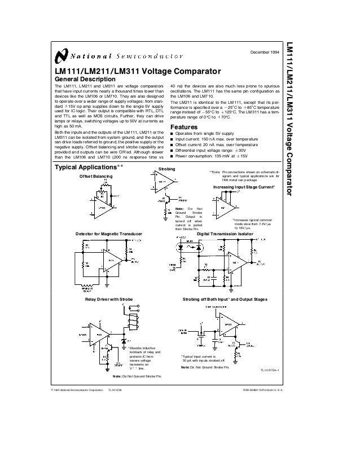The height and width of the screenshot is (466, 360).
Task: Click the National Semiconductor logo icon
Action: (x=60, y=56)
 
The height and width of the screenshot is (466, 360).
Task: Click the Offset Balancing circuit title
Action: (x=96, y=177)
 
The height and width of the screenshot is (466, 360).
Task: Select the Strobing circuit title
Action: (x=167, y=169)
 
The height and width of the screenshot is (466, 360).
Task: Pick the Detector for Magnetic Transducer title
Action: (x=108, y=233)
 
